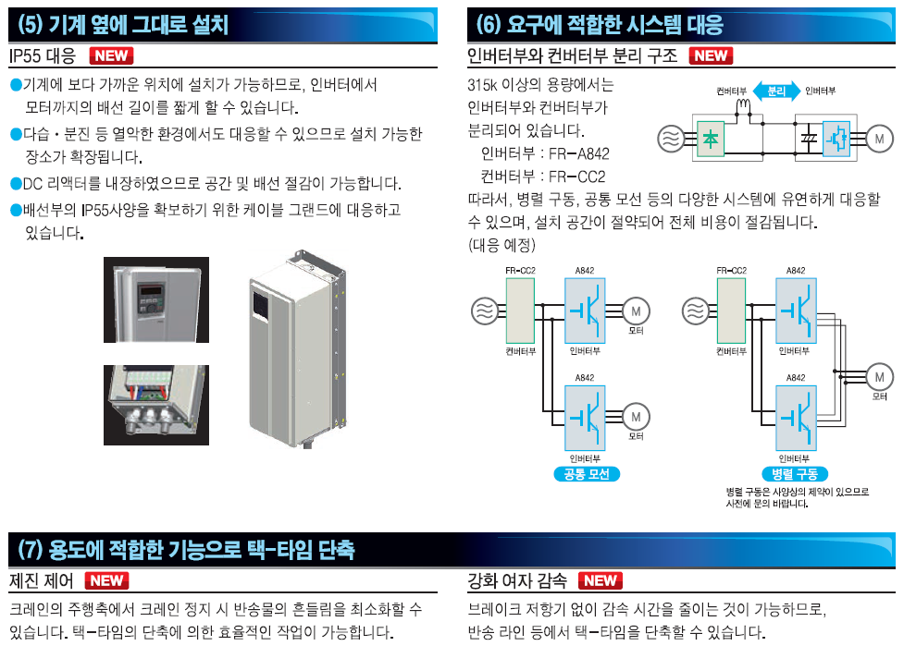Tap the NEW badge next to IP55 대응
pos(111,55)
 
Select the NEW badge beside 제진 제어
pos(106,581)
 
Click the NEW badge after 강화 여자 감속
pos(601,581)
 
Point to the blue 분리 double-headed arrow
pos(776,91)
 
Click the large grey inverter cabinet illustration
pos(297,351)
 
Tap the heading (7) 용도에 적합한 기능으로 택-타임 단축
pos(185,549)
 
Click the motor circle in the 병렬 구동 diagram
pos(879,376)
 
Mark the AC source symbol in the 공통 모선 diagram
pos(484,311)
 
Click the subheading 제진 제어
pos(42,581)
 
